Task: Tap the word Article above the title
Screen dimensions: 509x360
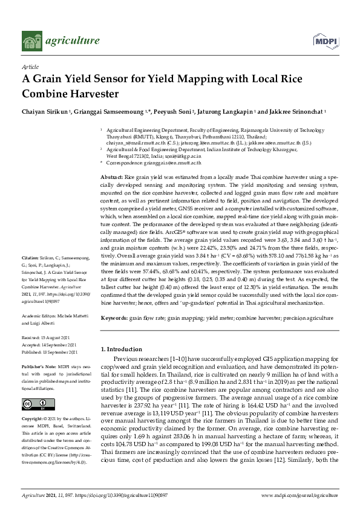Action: pos(30,68)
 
